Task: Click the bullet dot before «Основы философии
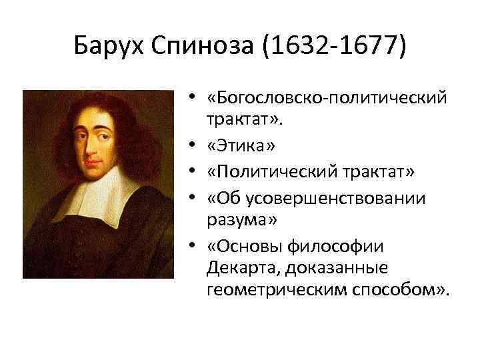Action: click(191, 247)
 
